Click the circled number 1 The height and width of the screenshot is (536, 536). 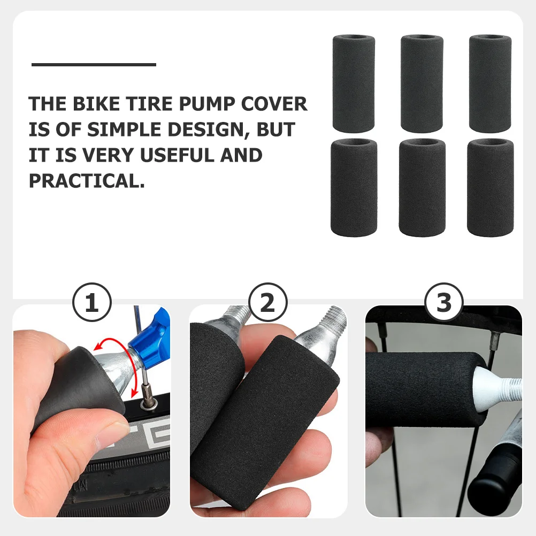pyautogui.click(x=91, y=304)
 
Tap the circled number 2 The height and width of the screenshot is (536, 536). pyautogui.click(x=267, y=304)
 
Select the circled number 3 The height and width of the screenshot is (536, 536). pyautogui.click(x=444, y=304)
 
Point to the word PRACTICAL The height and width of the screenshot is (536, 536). pyautogui.click(x=87, y=181)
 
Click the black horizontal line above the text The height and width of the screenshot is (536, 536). pyautogui.click(x=94, y=65)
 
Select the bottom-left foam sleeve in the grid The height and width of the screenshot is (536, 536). pyautogui.click(x=354, y=187)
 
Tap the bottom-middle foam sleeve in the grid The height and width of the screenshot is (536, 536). pyautogui.click(x=422, y=187)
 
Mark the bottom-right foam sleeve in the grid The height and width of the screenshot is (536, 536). pyautogui.click(x=491, y=187)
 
